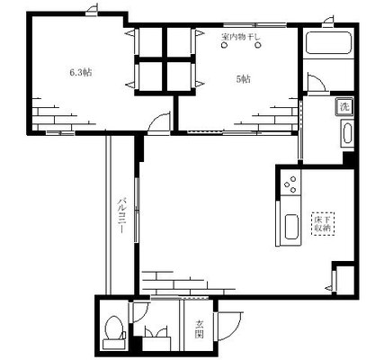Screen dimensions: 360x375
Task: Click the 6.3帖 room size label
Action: coord(80,73)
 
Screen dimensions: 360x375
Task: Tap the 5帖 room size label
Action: coord(243,78)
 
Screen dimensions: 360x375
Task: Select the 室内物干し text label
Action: coord(240,38)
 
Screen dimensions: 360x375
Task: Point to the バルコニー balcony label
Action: coord(120,217)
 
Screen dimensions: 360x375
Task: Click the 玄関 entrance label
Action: coord(200,330)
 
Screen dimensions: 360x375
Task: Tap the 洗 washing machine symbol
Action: coord(344,107)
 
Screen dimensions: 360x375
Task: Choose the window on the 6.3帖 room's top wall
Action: coord(91,11)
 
